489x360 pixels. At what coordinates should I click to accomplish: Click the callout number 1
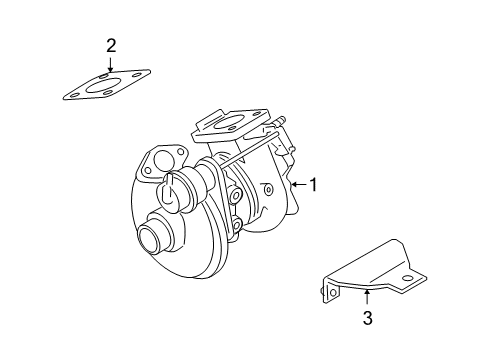point(313,185)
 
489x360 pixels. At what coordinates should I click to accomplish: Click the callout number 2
point(111,46)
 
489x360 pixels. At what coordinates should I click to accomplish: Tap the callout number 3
point(367,318)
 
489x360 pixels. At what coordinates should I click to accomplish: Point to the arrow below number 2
point(110,63)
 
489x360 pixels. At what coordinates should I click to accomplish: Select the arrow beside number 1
point(298,184)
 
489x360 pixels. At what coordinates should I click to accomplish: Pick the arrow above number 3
point(367,297)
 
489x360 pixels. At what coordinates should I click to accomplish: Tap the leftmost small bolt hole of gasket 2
point(74,95)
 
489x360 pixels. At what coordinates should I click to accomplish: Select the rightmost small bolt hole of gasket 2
point(137,74)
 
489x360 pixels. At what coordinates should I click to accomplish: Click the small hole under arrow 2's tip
point(105,76)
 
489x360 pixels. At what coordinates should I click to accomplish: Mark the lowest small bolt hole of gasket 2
point(107,93)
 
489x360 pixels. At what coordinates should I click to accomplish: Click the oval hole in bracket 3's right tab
point(407,278)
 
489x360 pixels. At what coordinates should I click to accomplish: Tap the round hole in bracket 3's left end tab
point(333,292)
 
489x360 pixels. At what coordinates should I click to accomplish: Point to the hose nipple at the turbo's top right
point(280,120)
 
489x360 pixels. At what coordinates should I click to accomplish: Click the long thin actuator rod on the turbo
point(247,149)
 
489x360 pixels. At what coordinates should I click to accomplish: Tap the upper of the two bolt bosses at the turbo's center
point(236,195)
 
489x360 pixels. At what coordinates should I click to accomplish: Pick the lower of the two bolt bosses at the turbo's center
point(236,225)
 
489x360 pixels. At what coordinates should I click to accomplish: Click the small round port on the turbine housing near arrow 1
point(268,190)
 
